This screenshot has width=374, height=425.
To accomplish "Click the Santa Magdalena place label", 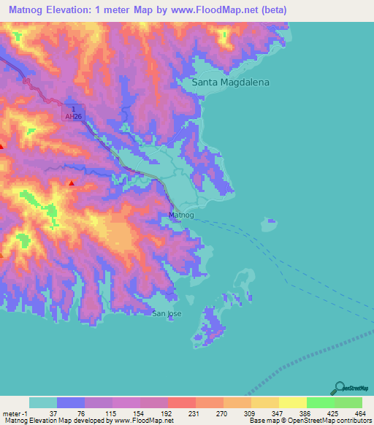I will pyautogui.click(x=230, y=83).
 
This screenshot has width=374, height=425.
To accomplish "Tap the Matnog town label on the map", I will pyautogui.click(x=181, y=215).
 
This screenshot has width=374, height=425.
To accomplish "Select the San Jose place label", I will pyautogui.click(x=167, y=313).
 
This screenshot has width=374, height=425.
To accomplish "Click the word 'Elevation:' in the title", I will pyautogui.click(x=75, y=10).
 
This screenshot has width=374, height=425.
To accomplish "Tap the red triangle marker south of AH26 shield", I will pyautogui.click(x=71, y=183).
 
